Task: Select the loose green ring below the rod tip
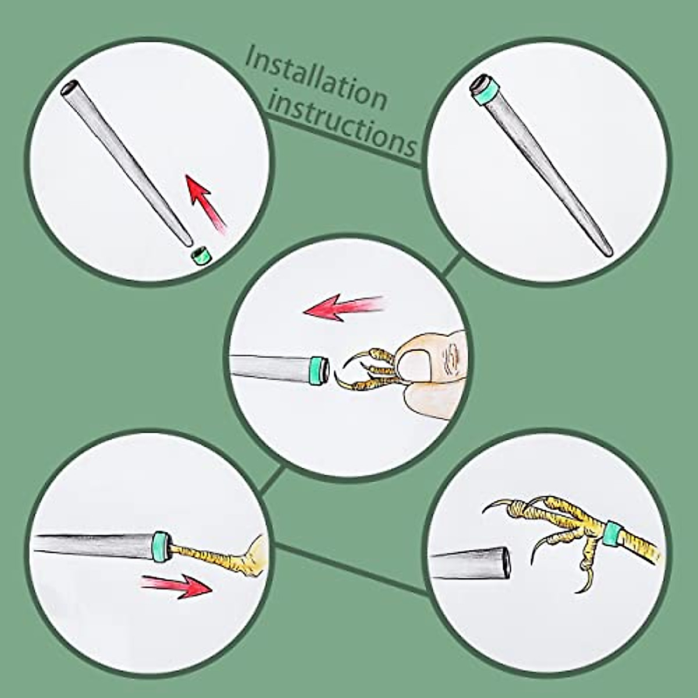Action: (x=201, y=255)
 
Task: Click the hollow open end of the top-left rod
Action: (x=69, y=89)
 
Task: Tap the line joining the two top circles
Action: (x=343, y=143)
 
